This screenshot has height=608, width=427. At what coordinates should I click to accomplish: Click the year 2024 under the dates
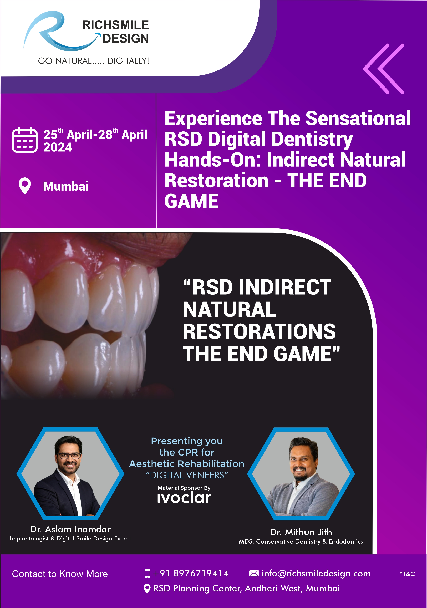click(58, 147)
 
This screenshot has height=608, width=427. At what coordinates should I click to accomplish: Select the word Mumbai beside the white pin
click(66, 186)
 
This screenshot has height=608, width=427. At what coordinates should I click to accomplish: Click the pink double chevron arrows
click(383, 69)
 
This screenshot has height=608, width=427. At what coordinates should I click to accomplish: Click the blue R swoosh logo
click(61, 31)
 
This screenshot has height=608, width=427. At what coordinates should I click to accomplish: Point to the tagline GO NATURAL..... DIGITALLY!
click(94, 61)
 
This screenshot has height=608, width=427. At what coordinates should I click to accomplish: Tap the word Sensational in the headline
click(358, 118)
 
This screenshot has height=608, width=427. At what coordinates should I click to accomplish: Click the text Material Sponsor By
click(184, 488)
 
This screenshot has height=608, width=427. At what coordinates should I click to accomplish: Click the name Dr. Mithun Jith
click(301, 532)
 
